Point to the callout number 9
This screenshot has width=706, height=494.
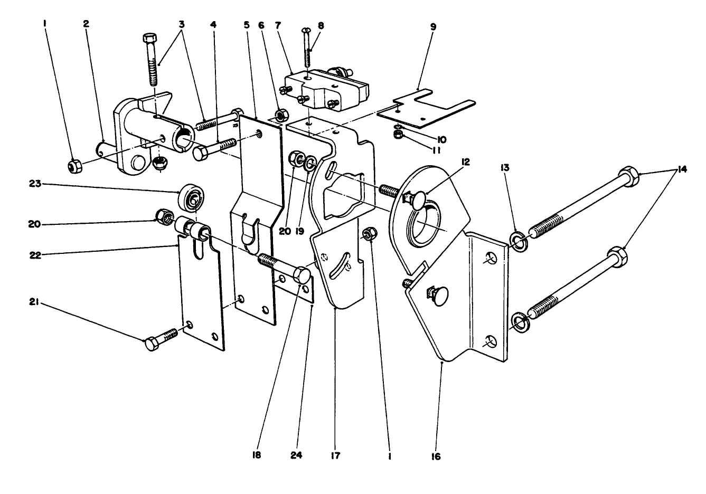pos(433,25)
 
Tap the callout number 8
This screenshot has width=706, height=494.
pos(322,25)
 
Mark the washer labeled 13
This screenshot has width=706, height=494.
pos(518,241)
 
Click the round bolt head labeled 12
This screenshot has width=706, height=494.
pos(420,201)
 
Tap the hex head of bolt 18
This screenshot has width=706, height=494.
pos(301,275)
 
